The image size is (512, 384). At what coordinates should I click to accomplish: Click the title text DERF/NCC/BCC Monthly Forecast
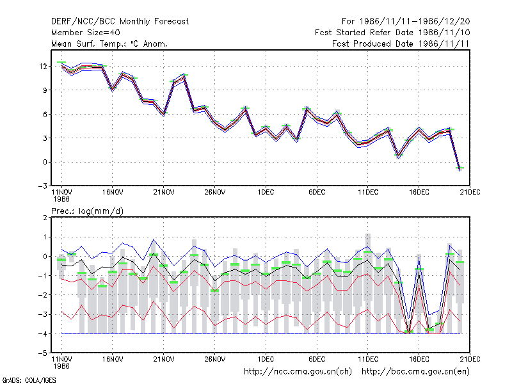point(120,22)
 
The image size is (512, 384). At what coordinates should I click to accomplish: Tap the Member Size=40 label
point(86,33)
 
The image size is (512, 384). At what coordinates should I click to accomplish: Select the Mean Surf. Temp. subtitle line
point(109,44)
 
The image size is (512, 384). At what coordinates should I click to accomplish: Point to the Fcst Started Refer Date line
point(392,33)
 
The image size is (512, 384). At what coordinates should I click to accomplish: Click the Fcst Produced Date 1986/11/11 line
point(401,44)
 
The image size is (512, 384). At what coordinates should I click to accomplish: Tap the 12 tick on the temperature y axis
point(43,67)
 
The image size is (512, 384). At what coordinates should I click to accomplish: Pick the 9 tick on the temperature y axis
point(45,90)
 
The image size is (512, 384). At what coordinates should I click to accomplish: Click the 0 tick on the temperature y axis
point(45,162)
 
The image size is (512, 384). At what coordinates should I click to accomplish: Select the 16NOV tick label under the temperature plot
point(113,193)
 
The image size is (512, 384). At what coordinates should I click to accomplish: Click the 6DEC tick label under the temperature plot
point(317,193)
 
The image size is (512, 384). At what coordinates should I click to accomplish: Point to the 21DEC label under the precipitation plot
point(470,359)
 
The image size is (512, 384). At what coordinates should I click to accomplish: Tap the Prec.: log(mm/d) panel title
point(87,211)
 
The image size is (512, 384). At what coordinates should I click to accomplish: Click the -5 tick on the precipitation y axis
point(43,353)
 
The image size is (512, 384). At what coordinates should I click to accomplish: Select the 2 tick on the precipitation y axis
point(45,218)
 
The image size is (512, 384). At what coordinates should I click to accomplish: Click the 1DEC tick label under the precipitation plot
point(266,359)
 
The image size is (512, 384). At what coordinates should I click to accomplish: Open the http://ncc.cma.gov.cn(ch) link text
point(298,372)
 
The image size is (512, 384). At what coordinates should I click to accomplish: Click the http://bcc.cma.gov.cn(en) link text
point(415,372)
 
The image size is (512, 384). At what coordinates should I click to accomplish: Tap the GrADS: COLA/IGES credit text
point(29,380)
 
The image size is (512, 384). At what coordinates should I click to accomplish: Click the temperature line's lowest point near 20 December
point(460,170)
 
